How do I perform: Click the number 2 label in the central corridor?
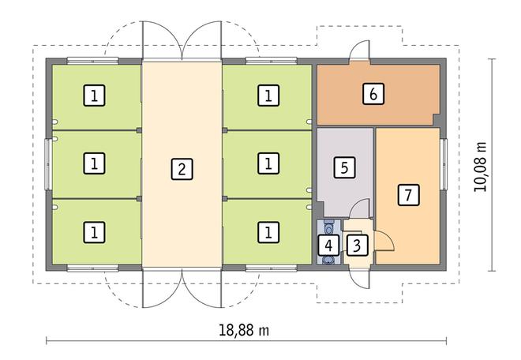[x=182, y=167]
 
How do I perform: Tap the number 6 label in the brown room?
[x=373, y=94]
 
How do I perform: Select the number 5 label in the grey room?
[x=343, y=167]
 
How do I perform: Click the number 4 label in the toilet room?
[x=328, y=245]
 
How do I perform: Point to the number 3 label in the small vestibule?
[x=357, y=245]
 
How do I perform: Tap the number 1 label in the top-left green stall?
[x=95, y=96]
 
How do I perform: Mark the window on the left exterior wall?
[x=48, y=163]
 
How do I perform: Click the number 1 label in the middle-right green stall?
[x=269, y=163]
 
